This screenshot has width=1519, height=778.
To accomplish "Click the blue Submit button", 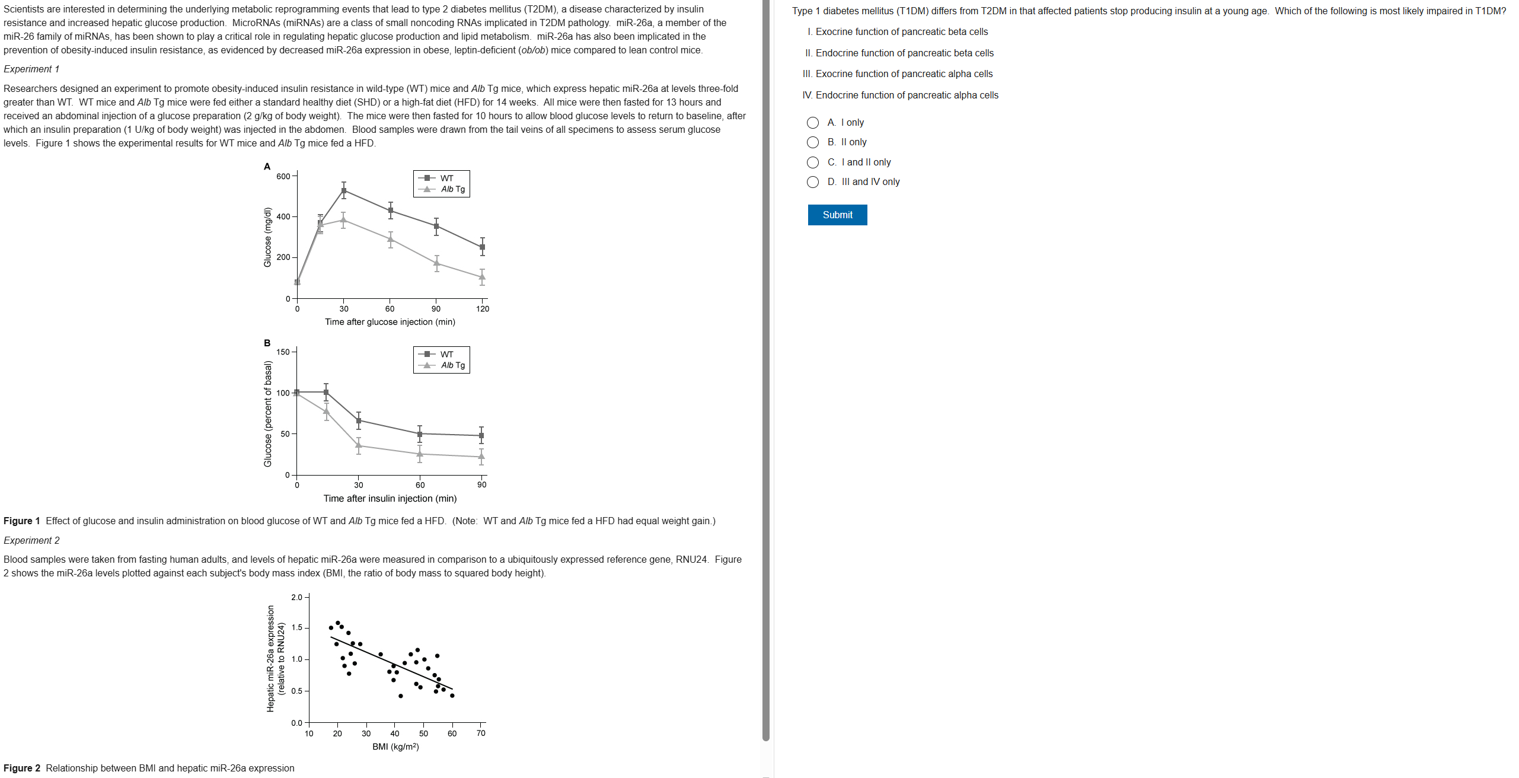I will (837, 215).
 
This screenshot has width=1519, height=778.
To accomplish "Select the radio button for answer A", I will (812, 123).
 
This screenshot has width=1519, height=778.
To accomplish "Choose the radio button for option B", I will (812, 142).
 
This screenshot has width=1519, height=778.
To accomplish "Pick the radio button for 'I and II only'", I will (812, 162).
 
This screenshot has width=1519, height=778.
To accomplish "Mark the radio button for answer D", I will (812, 182).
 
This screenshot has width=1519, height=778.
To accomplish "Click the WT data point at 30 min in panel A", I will (344, 190).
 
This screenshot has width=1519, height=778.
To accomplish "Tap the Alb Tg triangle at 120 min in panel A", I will (482, 277).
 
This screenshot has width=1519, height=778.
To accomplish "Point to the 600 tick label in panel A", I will (283, 176).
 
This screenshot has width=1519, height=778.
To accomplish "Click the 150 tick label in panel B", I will (283, 352).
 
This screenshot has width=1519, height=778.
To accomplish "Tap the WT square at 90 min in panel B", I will (481, 436).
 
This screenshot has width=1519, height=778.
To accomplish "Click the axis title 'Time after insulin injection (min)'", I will (390, 498).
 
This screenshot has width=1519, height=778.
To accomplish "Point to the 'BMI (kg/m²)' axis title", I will (395, 747).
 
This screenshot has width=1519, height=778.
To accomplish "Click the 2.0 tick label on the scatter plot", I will (296, 597).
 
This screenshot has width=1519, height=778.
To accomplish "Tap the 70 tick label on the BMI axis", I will (481, 734).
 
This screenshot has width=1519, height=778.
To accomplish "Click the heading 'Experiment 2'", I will (31, 540).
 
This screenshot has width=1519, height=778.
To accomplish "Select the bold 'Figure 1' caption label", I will (21, 521).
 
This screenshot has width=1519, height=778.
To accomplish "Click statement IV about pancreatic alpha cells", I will (900, 95).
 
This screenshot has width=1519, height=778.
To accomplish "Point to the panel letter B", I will (267, 343).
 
